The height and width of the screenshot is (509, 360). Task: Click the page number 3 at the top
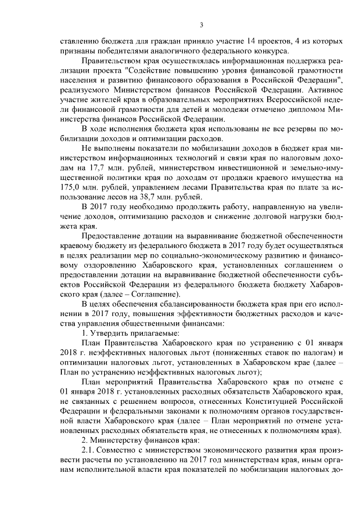(201, 24)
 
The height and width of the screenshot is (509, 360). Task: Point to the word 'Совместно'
(120, 451)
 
